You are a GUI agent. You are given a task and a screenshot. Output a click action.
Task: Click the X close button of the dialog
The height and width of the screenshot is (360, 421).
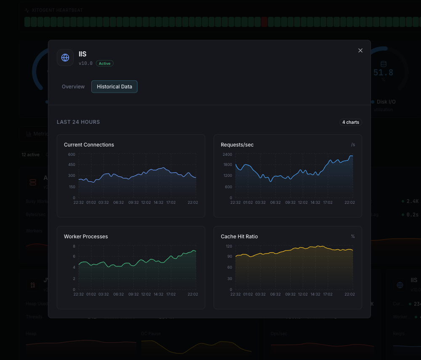click(360, 51)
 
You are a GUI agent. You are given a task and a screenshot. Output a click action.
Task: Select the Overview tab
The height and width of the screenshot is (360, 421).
click(73, 87)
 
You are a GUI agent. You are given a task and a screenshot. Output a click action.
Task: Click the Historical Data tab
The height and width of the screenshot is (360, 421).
click(114, 87)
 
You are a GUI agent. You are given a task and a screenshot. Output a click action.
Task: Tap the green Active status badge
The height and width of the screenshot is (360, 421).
click(105, 64)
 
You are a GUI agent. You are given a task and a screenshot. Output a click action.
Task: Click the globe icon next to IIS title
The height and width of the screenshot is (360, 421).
click(65, 58)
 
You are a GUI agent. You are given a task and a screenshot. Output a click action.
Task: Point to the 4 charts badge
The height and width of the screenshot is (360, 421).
click(350, 123)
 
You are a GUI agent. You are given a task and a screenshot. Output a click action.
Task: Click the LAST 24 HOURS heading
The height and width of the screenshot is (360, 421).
click(78, 122)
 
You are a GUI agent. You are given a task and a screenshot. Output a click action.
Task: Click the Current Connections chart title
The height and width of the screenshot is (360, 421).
click(89, 145)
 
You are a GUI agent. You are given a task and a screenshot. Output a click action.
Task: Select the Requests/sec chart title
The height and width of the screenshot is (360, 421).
click(237, 145)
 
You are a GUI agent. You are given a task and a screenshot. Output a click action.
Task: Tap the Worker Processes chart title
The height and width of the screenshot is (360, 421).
click(86, 237)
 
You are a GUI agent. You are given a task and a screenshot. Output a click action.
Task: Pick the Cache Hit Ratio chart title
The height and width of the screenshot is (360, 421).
click(239, 237)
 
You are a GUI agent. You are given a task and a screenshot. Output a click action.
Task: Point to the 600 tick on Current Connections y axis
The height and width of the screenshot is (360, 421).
click(71, 155)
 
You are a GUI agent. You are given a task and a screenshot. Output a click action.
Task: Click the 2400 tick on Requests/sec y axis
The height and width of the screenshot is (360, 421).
click(228, 155)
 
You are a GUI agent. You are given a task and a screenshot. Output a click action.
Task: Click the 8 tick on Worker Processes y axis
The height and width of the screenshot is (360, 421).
click(74, 246)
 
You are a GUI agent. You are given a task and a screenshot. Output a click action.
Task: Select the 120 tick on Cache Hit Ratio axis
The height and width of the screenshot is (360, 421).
click(229, 246)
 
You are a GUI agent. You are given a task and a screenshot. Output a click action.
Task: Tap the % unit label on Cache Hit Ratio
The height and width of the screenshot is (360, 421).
click(353, 237)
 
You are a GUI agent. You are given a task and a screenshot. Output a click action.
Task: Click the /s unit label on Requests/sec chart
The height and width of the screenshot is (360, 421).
click(353, 145)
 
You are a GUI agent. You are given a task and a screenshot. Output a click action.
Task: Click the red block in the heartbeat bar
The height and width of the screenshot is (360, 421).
click(264, 22)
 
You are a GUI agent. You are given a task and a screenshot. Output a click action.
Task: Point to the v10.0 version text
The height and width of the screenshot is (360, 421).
click(85, 64)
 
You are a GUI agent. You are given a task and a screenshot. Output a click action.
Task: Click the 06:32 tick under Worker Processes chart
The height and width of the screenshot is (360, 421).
click(119, 294)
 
